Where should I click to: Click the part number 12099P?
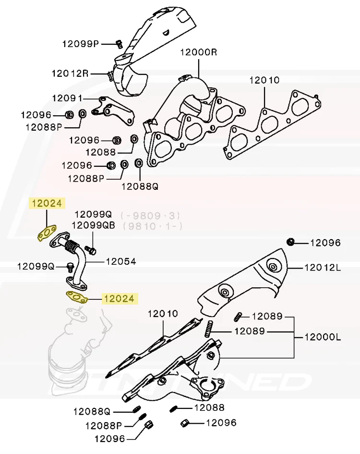[x=80, y=44]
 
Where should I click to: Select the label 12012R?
[x=70, y=74]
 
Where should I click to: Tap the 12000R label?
[x=198, y=52]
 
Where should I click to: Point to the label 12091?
[x=67, y=98]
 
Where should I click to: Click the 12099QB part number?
[x=94, y=225]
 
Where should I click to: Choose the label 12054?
[x=121, y=262]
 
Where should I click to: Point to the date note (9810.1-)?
[x=152, y=225]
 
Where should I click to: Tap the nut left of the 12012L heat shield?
[x=290, y=241]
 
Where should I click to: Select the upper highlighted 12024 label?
[x=47, y=204]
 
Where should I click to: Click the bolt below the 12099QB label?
[x=93, y=250]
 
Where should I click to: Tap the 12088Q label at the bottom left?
[x=92, y=411]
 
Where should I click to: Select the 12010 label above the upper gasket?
[x=264, y=80]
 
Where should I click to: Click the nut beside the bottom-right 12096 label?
[x=185, y=423]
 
